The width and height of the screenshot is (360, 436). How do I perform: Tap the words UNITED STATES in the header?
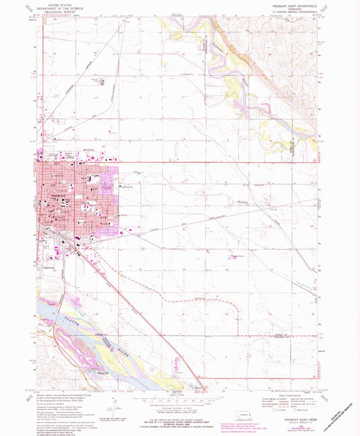[x=58, y=4]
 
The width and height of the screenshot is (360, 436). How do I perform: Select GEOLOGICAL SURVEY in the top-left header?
[x=58, y=11]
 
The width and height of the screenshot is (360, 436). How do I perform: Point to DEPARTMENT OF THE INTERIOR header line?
[x=58, y=7]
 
